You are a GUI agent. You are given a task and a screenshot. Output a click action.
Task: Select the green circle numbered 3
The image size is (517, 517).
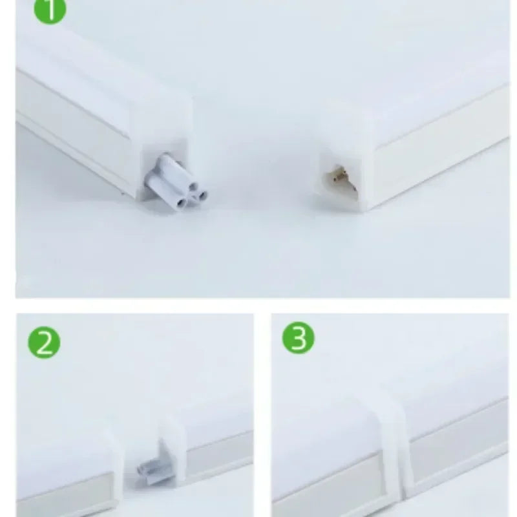pyautogui.click(x=299, y=339)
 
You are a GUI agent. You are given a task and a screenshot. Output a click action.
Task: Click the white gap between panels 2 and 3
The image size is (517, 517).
pyautogui.click(x=262, y=414)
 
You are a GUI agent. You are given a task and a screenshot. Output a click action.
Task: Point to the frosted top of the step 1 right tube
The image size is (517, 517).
pyautogui.click(x=420, y=84)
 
